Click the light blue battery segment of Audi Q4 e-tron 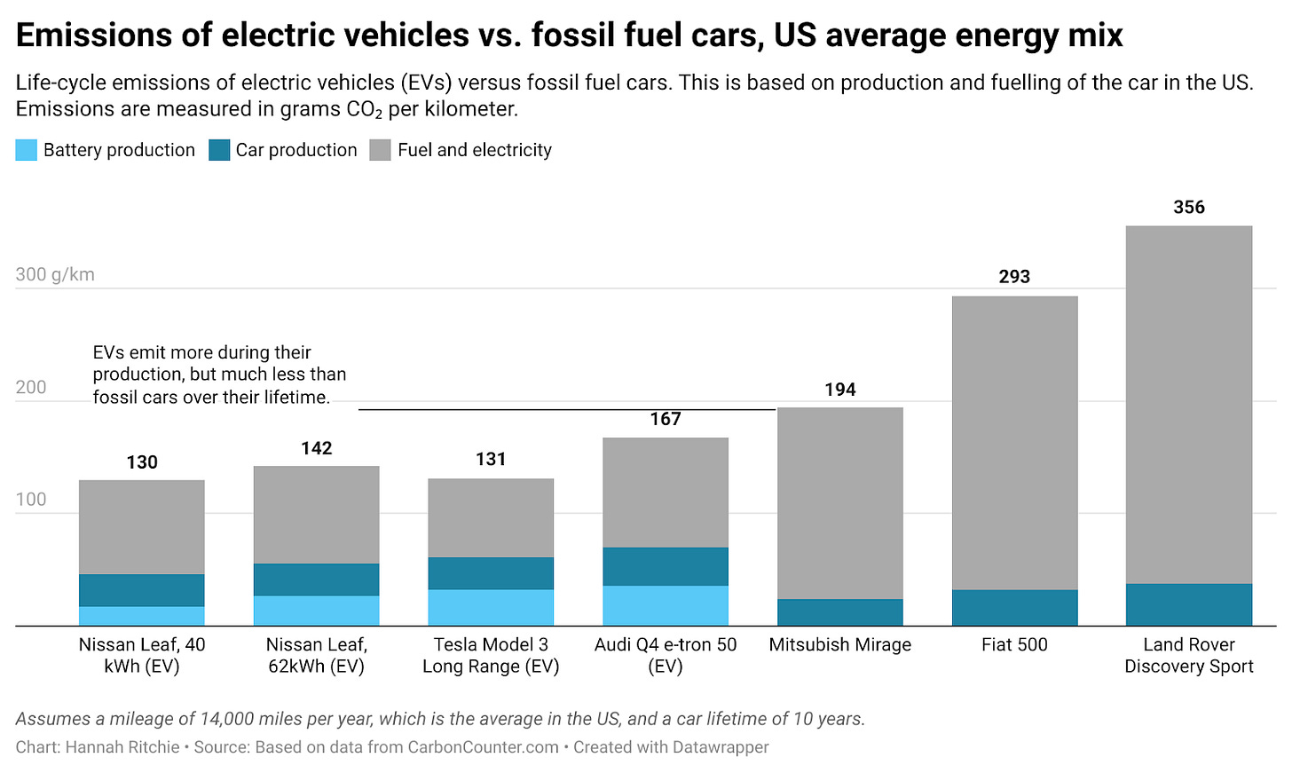pos(666,605)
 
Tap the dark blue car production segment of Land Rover pos(1188,604)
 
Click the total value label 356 pos(1188,208)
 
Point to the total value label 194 pos(839,390)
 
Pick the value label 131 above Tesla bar pos(491,460)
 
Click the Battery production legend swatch pos(27,150)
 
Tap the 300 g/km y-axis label pos(55,274)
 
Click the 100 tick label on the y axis pos(31,500)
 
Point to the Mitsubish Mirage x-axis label pos(839,645)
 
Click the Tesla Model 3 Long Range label pos(491,656)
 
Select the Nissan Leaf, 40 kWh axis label pos(142,656)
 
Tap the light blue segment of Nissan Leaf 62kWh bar pos(317,611)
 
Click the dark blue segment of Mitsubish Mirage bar pos(839,612)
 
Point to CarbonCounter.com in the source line pos(484,747)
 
